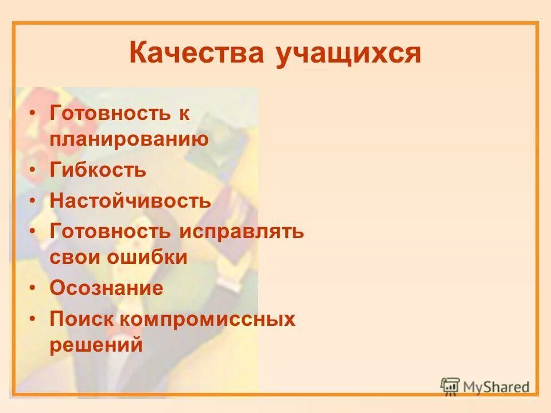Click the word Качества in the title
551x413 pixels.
point(197,54)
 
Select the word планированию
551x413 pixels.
point(129,139)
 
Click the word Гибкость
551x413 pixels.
point(98,170)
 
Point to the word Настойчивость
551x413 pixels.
point(130,201)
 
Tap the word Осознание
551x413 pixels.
point(107,288)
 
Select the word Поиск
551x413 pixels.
point(81,319)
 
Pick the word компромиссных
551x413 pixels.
point(207,319)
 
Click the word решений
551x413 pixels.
point(96,345)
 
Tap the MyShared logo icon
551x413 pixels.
point(450,385)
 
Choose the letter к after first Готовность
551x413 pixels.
point(183,113)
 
